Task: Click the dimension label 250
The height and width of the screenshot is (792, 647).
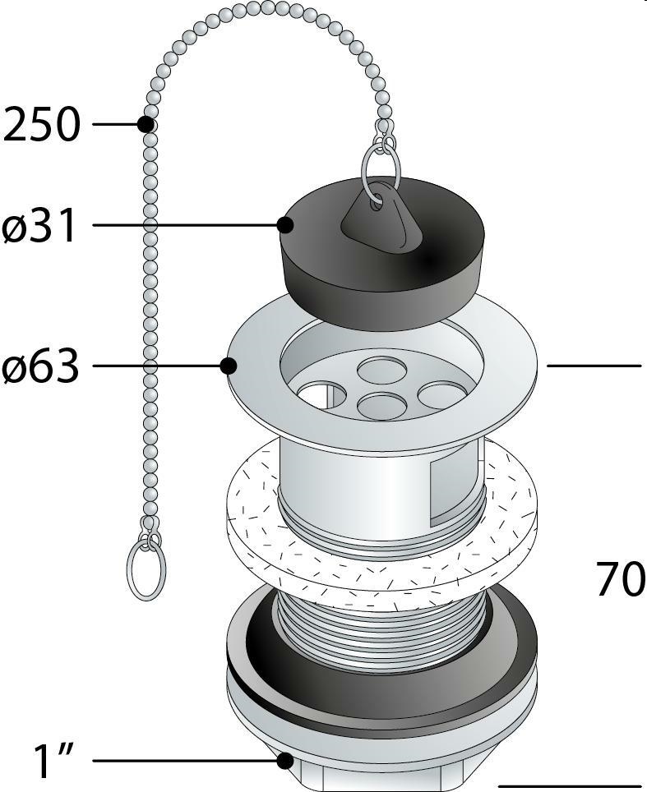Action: pyautogui.click(x=41, y=125)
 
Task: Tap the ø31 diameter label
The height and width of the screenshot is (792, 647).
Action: pyautogui.click(x=39, y=225)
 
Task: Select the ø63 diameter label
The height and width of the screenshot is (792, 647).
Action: pyautogui.click(x=40, y=366)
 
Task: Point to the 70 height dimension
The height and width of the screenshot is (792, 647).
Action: pyautogui.click(x=621, y=579)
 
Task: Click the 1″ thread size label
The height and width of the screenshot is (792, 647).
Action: pyautogui.click(x=53, y=761)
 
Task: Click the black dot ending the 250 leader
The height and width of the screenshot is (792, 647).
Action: pyautogui.click(x=146, y=124)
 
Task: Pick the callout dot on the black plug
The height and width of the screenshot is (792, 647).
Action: pyautogui.click(x=285, y=225)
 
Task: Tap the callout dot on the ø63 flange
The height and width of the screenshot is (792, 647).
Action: pyautogui.click(x=229, y=366)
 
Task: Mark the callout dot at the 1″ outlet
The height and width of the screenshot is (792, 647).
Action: pyautogui.click(x=285, y=761)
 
